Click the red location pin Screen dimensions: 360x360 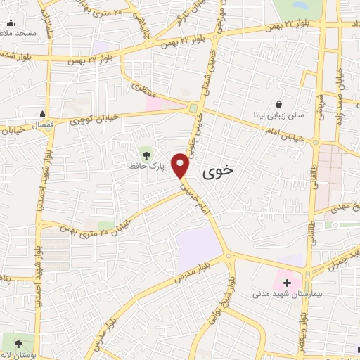pos(181,165)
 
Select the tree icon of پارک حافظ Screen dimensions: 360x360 pos(146,152)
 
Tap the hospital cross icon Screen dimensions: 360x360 pos(287,283)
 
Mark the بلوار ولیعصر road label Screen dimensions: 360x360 pos(302,337)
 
